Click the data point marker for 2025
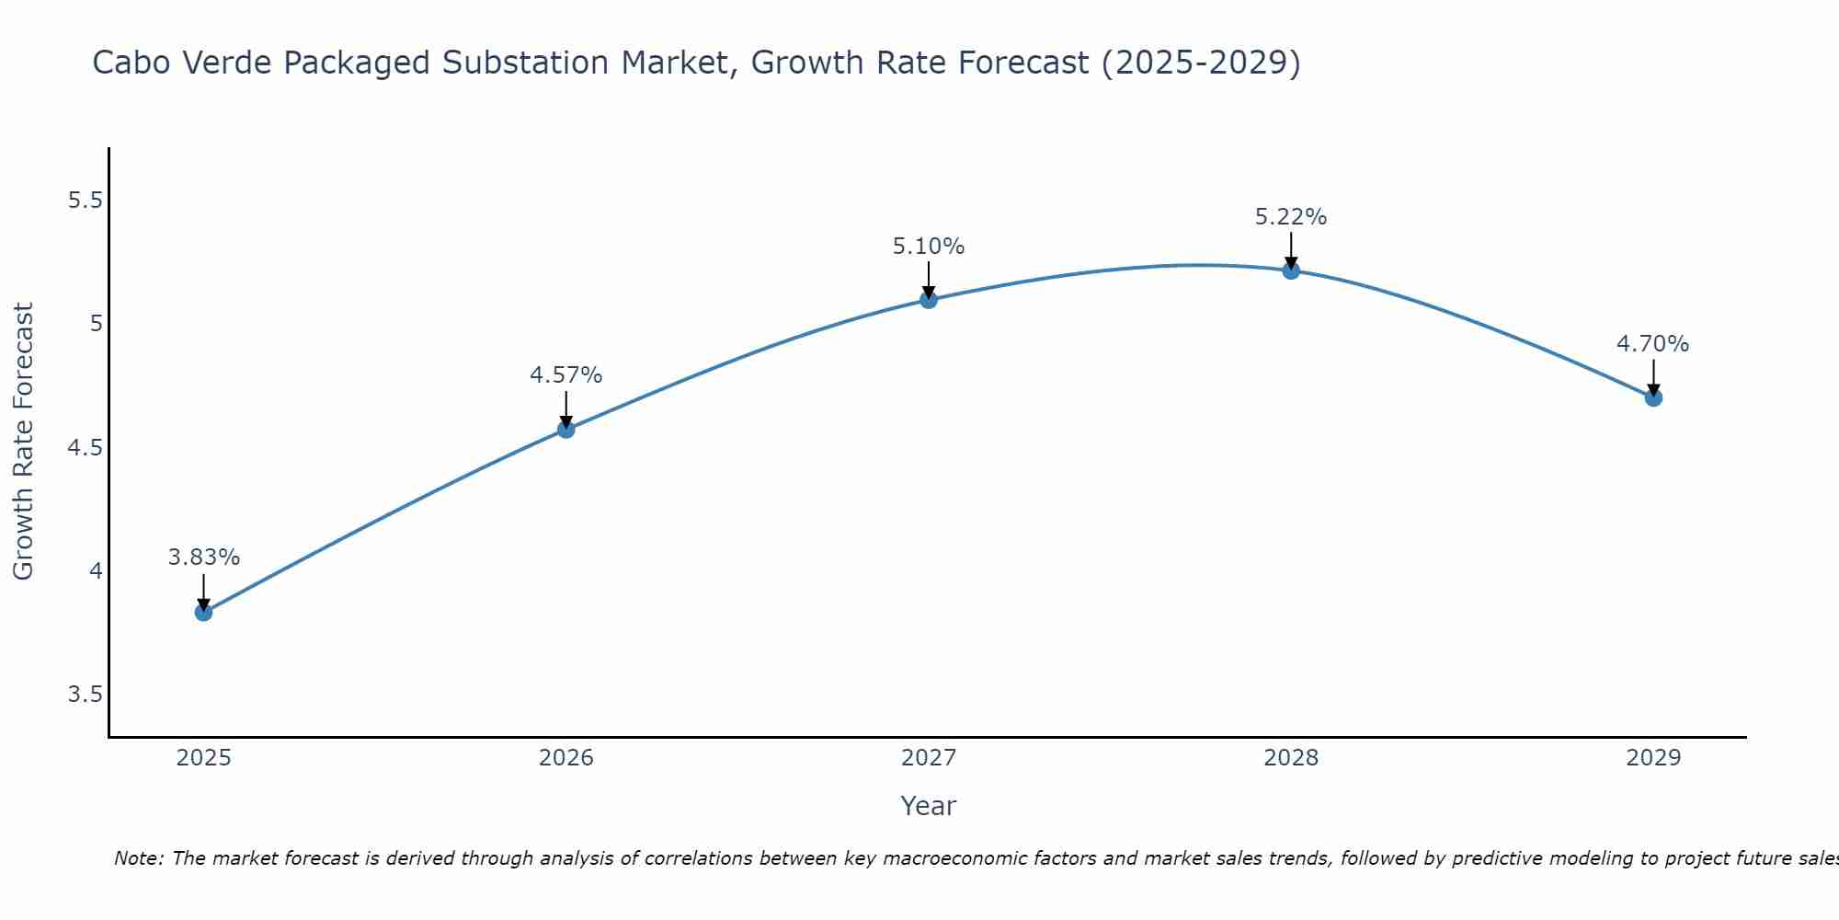[204, 613]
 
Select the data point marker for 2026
[566, 430]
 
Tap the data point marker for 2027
[929, 300]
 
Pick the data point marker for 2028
[1291, 270]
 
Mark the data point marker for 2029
[1653, 398]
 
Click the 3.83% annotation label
[204, 558]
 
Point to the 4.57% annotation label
[566, 375]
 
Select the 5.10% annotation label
[929, 247]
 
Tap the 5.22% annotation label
[1291, 217]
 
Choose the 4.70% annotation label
[1653, 344]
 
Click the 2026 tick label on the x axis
[566, 758]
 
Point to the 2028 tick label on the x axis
[1291, 758]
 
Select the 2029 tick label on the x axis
[1653, 758]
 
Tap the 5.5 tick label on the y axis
[86, 201]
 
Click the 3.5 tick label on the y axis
[86, 695]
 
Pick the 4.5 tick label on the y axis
[86, 448]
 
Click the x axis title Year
[929, 806]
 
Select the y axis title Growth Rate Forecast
[24, 442]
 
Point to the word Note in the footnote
[137, 858]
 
